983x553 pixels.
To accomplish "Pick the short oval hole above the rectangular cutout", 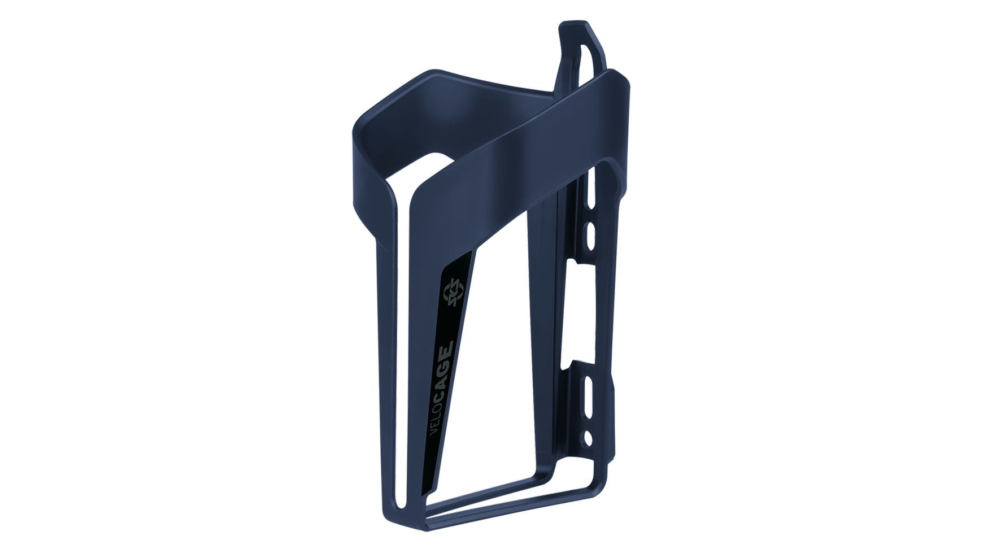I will pos(591,231).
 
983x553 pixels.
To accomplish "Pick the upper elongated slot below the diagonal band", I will pos(591,192).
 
